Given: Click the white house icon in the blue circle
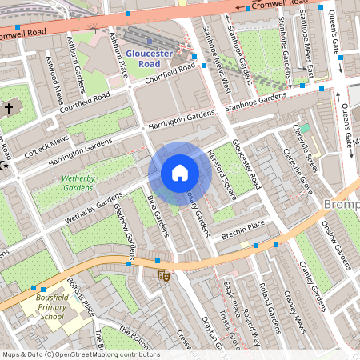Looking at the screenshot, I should coord(180,173).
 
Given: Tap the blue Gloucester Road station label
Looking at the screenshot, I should coord(149,57).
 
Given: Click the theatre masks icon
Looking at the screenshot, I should coord(164,276).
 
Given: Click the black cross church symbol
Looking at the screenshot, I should coord(9,107).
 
